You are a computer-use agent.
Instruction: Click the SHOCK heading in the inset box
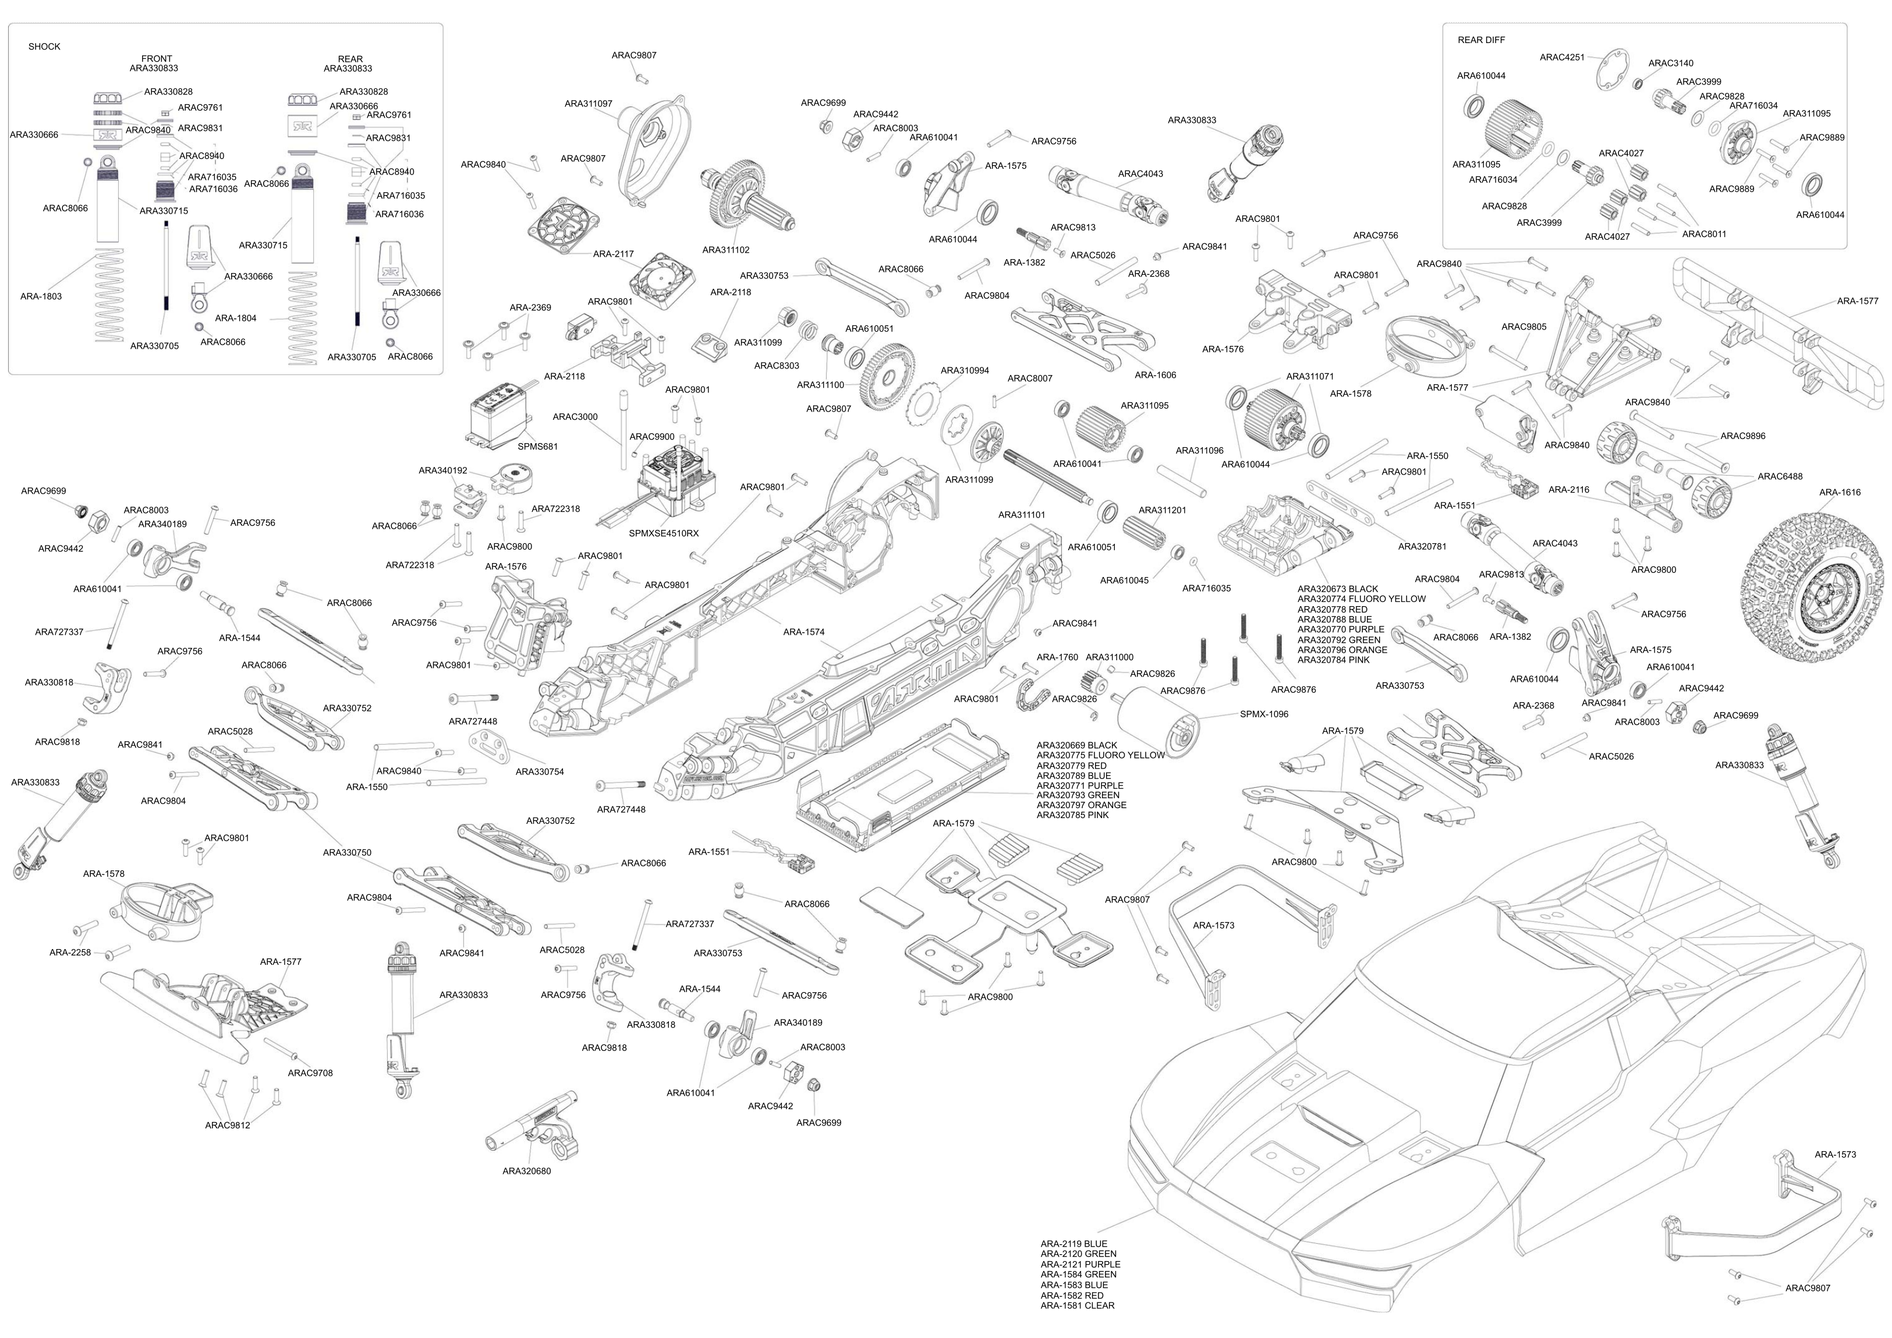coord(44,47)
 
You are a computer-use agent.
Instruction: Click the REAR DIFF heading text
coord(1481,40)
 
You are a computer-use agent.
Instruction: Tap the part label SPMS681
coord(537,447)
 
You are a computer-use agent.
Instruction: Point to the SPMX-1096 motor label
coord(1263,714)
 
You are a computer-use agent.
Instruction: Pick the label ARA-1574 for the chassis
coord(803,632)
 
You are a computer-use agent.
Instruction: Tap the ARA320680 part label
coord(527,1171)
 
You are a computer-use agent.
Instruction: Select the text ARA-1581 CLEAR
coord(1077,1305)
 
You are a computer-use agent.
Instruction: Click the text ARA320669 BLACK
coord(1076,745)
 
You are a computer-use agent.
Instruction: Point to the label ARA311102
coord(725,250)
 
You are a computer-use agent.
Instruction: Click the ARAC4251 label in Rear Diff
coord(1561,58)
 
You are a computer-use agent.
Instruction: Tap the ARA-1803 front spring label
coord(41,296)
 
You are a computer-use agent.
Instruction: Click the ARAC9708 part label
coord(310,1073)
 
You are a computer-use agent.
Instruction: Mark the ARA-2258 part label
coord(70,952)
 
